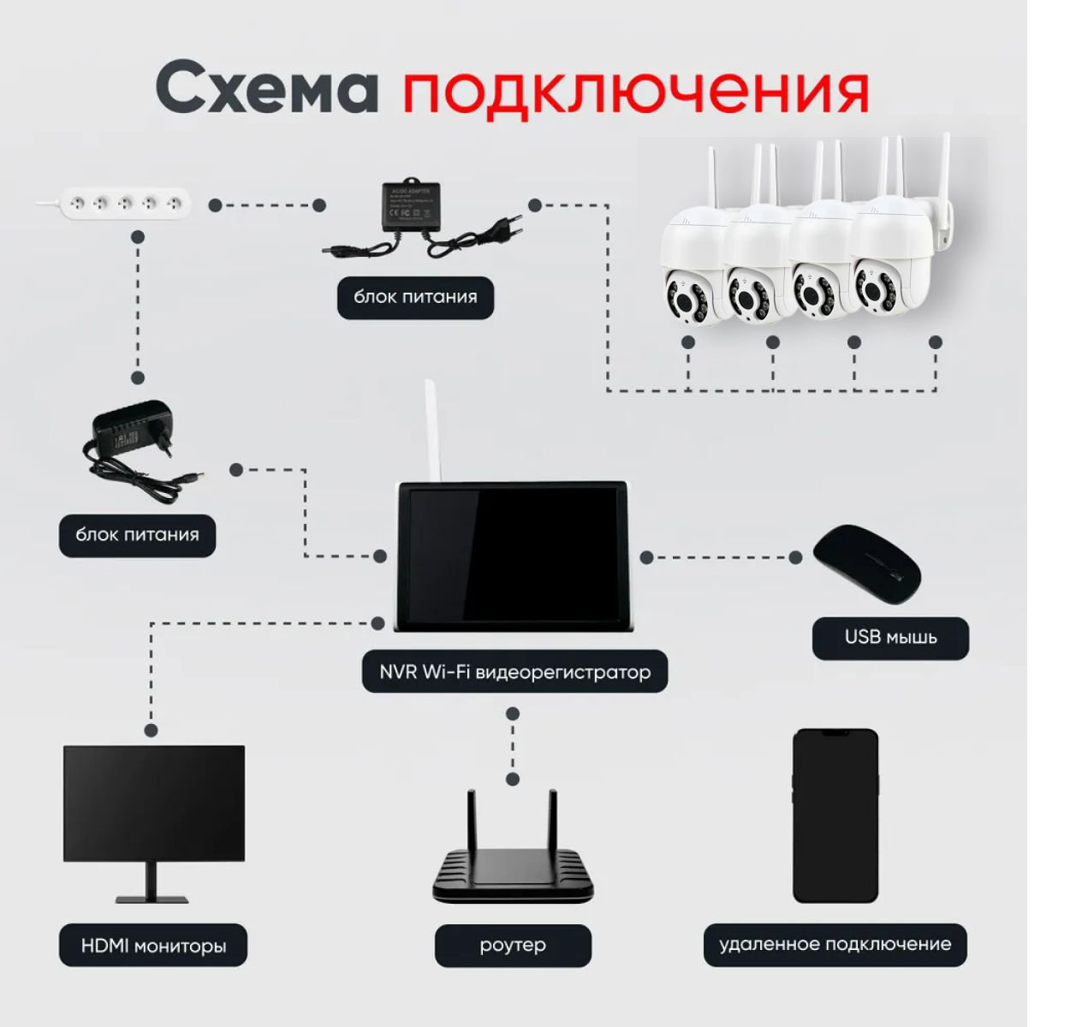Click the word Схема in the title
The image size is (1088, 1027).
[x=266, y=88]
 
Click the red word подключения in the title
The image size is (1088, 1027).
[x=635, y=91]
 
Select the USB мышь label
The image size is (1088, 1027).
[x=889, y=638]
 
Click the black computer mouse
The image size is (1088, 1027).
[x=865, y=566]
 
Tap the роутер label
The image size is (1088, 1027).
[x=513, y=946]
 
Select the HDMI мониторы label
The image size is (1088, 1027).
[x=153, y=947]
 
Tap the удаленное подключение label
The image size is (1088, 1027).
[x=835, y=945]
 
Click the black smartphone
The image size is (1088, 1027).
[x=835, y=816]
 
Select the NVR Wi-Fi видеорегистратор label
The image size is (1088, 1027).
[x=514, y=672]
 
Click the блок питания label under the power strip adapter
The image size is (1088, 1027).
[x=137, y=535]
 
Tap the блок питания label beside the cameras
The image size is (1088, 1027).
[x=415, y=297]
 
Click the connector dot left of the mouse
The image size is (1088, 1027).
[x=795, y=557]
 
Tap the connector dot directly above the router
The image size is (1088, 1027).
[x=513, y=779]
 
